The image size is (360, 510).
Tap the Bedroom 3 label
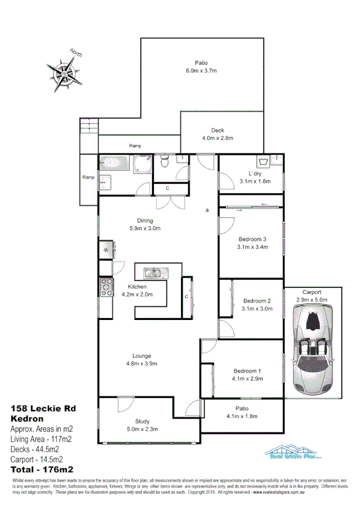click(252, 239)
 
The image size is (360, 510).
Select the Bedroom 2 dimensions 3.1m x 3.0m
click(257, 309)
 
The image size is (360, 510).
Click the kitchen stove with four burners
click(106, 287)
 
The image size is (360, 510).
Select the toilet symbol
click(165, 162)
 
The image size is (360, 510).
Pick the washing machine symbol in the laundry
click(263, 161)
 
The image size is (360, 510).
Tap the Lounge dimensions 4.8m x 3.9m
click(142, 363)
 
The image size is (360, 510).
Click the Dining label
click(145, 220)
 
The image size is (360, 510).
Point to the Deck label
click(217, 131)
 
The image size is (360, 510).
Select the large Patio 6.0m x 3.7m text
click(201, 70)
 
